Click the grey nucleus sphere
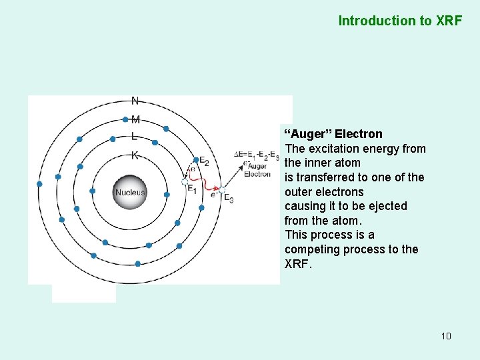point(130,192)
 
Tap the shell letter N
point(135,101)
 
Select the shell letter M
point(135,120)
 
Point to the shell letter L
point(135,137)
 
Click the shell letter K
point(135,156)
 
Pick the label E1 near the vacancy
point(192,189)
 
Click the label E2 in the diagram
point(205,162)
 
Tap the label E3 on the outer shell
point(228,198)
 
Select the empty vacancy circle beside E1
point(185,181)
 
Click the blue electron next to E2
point(195,160)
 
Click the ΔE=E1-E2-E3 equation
point(257,155)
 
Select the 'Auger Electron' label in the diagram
point(257,170)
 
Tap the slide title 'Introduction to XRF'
point(400,21)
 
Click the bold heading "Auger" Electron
point(333,134)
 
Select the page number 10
point(446,335)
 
